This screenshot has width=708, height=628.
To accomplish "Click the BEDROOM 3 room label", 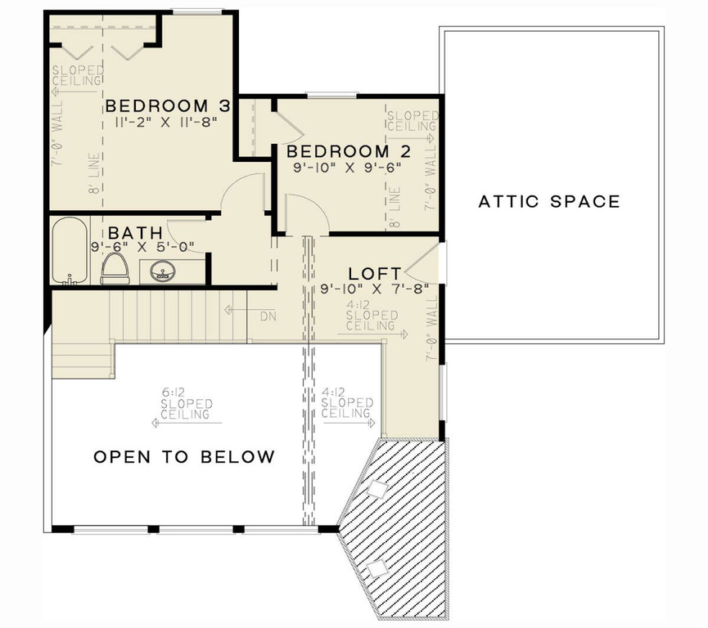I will pos(168,106).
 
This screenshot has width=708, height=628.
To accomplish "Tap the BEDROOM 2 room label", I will pos(348,151).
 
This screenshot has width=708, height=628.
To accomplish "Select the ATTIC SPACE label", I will pos(549,201).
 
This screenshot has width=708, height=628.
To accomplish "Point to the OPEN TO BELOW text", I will pos(184,456).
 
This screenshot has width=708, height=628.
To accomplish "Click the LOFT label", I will pos(375,273).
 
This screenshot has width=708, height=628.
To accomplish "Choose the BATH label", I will pos(131,233).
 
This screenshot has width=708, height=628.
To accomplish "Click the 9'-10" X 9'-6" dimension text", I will pos(348,167).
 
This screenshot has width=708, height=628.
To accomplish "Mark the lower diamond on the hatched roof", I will pos(378,568).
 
